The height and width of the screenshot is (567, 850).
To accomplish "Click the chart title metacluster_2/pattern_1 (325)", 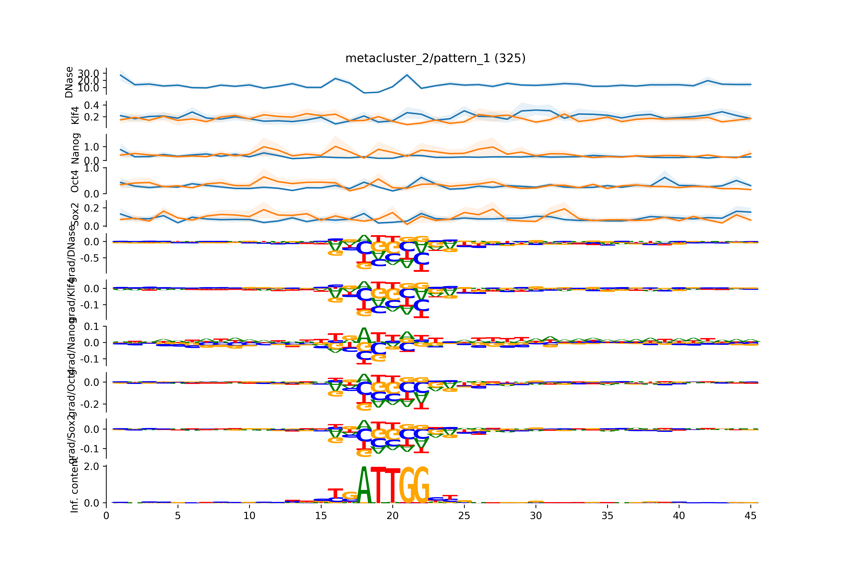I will [435, 58].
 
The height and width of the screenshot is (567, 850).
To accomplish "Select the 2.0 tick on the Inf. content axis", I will [91, 466].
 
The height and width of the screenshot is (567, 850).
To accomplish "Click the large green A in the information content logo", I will [364, 486].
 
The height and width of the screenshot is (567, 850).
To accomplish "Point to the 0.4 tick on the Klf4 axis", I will [91, 105].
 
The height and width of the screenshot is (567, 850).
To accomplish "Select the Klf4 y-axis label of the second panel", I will [75, 115].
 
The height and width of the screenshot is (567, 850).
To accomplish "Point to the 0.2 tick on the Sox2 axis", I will [91, 208].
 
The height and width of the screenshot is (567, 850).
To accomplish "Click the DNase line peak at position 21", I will [407, 75].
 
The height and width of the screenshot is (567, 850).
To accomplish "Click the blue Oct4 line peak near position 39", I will [665, 177].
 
